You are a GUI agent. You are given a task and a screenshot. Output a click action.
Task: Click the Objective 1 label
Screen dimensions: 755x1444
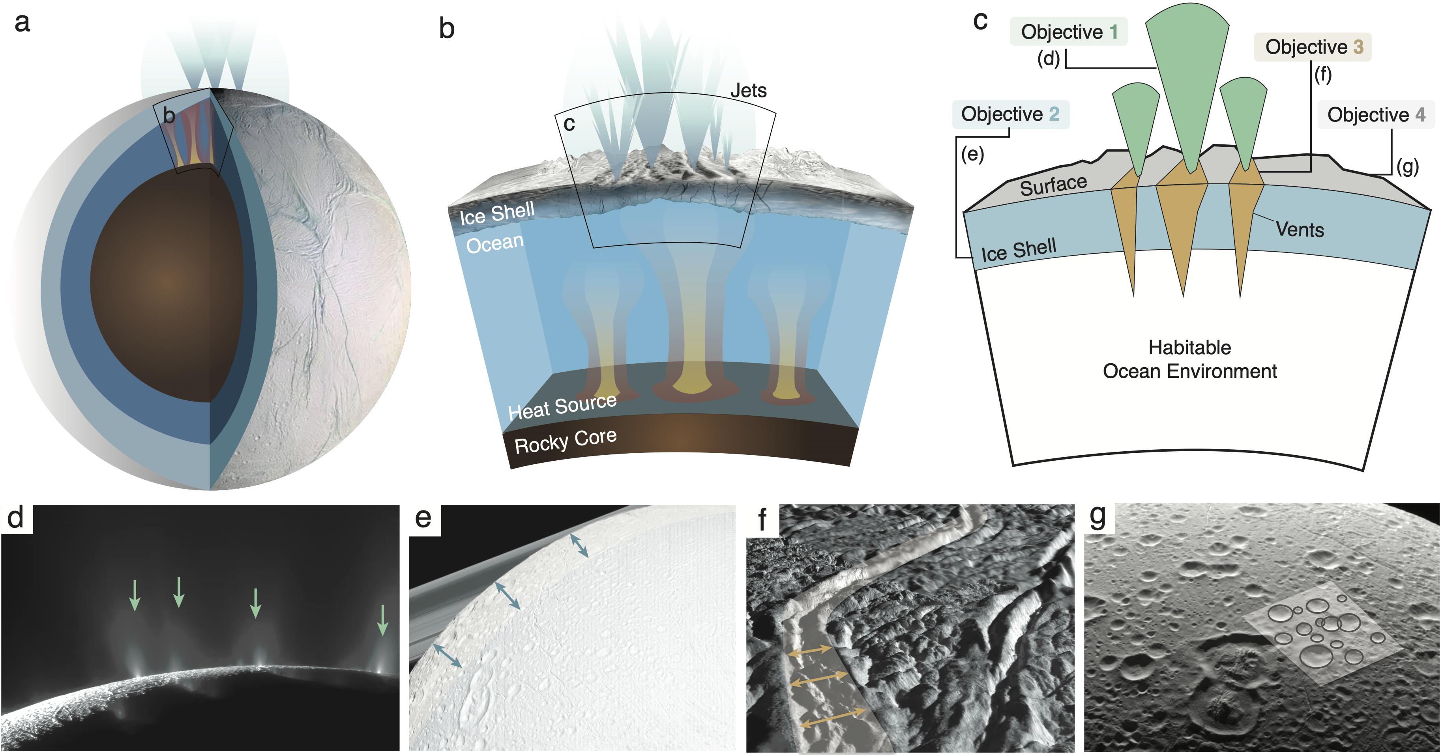click(1068, 32)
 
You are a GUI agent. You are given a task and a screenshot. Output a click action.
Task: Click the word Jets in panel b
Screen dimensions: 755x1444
click(748, 91)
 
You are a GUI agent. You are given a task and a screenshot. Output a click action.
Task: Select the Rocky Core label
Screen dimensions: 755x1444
click(565, 441)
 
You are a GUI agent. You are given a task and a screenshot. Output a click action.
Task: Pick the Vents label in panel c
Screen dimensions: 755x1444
click(1300, 230)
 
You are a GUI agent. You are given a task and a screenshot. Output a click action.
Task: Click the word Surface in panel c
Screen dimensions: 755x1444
click(1053, 185)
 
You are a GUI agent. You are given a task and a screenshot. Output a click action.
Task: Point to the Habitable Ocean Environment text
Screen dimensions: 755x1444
click(1189, 359)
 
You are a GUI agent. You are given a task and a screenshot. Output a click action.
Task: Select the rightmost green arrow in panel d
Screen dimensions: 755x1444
click(382, 619)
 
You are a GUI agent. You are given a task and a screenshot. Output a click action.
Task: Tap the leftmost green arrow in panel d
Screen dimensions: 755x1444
click(135, 595)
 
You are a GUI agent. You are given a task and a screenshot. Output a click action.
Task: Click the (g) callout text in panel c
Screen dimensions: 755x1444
click(1407, 166)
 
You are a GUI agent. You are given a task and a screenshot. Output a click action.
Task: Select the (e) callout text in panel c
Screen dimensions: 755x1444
click(972, 154)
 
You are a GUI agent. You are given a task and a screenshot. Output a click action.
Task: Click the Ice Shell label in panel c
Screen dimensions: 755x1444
click(1018, 250)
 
